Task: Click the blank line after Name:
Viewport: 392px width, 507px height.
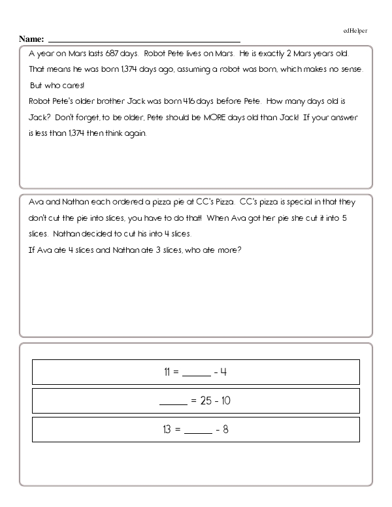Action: pos(144,41)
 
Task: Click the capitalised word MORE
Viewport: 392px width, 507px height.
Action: pos(233,118)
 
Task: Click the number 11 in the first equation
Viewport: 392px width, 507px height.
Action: pos(167,372)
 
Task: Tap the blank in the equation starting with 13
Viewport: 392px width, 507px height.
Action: pos(198,433)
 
